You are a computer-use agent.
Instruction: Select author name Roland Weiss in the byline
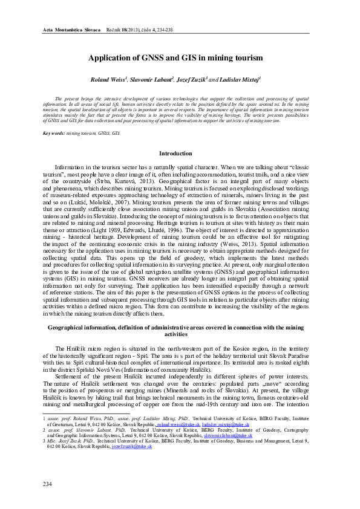tap(108, 79)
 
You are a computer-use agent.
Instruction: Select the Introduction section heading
tap(180, 154)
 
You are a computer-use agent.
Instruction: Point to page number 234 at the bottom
tap(48, 484)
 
